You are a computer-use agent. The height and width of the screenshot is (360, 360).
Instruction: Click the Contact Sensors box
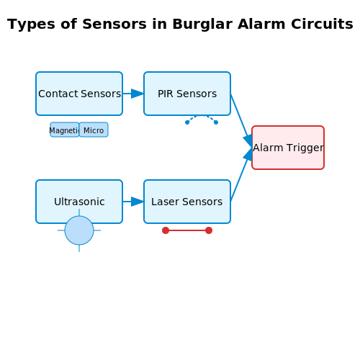click(x=79, y=94)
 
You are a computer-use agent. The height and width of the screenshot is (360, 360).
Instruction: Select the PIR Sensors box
click(x=187, y=94)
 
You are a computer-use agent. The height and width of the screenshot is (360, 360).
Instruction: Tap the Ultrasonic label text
click(x=79, y=202)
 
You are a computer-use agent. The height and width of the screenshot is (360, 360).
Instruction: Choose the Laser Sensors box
click(x=187, y=202)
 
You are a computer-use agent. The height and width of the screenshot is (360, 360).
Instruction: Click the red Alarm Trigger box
click(x=288, y=148)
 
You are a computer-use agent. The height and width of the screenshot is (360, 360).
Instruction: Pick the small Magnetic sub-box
click(x=65, y=130)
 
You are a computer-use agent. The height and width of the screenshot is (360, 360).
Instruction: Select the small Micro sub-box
click(x=94, y=130)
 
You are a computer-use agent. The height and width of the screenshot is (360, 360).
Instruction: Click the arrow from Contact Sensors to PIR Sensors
click(x=133, y=94)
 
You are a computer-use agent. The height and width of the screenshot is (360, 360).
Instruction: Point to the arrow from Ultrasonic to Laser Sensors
click(x=133, y=202)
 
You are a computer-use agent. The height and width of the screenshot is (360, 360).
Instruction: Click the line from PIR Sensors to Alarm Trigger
click(x=241, y=120)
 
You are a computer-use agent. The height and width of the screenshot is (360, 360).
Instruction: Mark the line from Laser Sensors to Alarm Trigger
click(x=241, y=175)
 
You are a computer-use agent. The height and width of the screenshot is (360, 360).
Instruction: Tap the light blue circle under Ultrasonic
click(x=79, y=230)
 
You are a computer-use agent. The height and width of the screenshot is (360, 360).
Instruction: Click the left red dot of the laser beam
click(x=166, y=230)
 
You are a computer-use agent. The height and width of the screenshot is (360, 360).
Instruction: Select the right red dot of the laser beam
click(x=209, y=230)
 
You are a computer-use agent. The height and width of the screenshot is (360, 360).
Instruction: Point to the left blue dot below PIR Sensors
click(x=187, y=122)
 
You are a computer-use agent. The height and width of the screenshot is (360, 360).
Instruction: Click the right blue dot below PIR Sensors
click(x=216, y=122)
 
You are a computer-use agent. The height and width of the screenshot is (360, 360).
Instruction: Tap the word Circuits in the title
click(x=322, y=24)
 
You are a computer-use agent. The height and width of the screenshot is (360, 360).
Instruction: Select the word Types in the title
click(x=31, y=24)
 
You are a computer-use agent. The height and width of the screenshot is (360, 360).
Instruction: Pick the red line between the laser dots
click(x=187, y=230)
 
